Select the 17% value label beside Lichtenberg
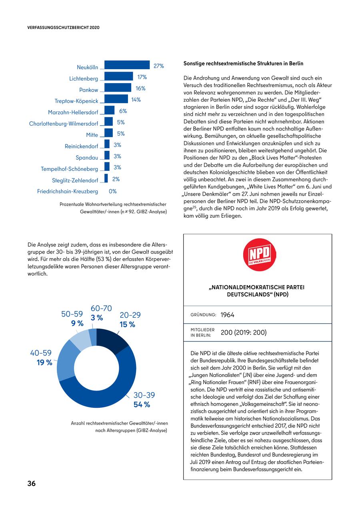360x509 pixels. [142, 77]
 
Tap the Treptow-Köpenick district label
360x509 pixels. [76, 101]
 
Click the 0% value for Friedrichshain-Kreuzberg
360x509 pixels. [113, 191]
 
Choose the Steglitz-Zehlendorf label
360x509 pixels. [75, 180]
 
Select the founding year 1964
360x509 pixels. [228, 315]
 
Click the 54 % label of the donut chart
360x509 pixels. [142, 405]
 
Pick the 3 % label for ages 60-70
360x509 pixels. [97, 318]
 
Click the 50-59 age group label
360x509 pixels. [72, 314]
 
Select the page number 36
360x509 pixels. [32, 483]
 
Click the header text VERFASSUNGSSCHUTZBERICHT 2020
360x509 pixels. [63, 28]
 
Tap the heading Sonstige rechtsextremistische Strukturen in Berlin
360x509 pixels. [243, 63]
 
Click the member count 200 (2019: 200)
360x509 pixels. [244, 333]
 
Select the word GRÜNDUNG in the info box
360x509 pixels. [204, 315]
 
